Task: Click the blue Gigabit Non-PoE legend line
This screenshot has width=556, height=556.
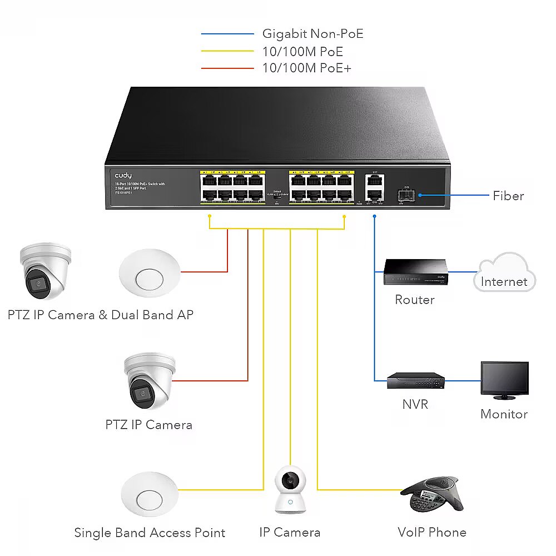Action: (x=227, y=34)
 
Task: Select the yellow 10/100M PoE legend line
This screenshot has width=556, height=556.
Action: (x=227, y=52)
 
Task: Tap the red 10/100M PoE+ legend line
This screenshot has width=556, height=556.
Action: (x=227, y=68)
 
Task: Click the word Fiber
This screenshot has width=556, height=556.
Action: (x=508, y=196)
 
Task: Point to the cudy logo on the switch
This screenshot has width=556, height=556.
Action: (x=123, y=175)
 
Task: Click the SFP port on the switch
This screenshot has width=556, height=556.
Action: (x=405, y=195)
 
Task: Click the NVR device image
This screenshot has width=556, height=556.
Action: (x=416, y=380)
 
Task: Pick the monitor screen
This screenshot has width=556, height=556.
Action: (x=504, y=379)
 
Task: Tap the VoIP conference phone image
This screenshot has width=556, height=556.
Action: (x=432, y=494)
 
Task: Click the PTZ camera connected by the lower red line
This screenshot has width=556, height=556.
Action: (x=148, y=381)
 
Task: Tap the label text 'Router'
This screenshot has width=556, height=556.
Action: (x=415, y=300)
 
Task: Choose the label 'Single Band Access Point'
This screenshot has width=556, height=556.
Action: (x=150, y=533)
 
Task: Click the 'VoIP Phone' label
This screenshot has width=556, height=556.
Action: (x=432, y=532)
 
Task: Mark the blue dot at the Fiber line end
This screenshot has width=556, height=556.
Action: (x=420, y=195)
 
